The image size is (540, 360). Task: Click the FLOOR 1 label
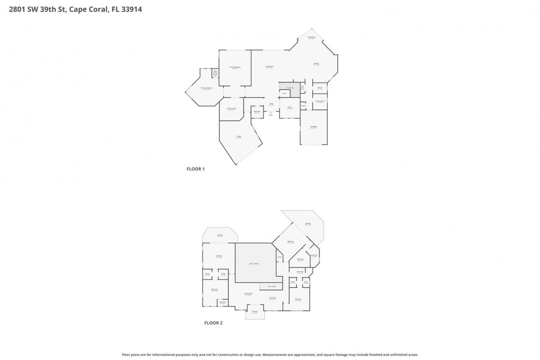click(x=195, y=169)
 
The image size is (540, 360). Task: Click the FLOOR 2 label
click(x=213, y=323)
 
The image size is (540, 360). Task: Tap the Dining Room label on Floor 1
click(x=311, y=37)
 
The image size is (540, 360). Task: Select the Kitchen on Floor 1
click(x=316, y=63)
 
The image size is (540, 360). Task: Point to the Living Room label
click(x=269, y=66)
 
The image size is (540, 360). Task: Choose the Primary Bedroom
click(x=235, y=67)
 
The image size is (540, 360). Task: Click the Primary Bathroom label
click(x=206, y=88)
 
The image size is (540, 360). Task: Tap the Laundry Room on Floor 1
click(x=320, y=101)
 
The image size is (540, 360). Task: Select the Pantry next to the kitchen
click(x=320, y=88)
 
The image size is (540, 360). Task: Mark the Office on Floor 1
click(x=289, y=107)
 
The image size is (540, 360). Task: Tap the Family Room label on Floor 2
click(x=248, y=293)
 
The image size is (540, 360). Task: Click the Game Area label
click(x=272, y=298)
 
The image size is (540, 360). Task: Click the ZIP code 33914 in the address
click(x=131, y=9)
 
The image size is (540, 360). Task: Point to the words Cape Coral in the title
click(x=88, y=9)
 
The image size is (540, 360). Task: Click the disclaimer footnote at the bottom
click(x=270, y=354)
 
